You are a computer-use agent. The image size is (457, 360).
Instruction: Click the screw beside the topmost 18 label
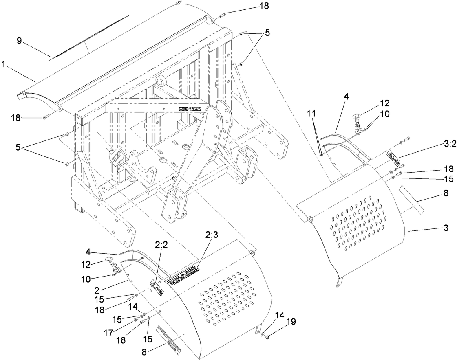[222, 15]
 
